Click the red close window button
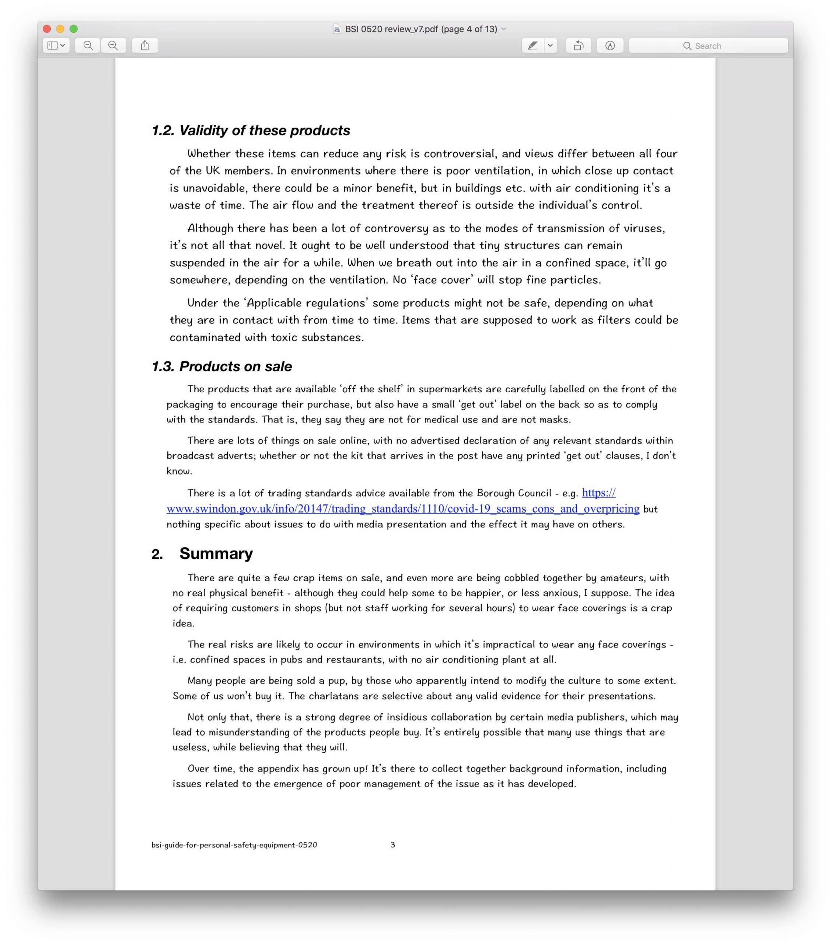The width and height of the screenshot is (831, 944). click(47, 29)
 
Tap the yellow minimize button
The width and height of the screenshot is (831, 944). click(60, 29)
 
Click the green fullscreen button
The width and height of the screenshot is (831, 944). click(73, 29)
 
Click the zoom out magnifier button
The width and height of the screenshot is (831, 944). click(88, 46)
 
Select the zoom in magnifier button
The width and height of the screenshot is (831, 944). click(113, 46)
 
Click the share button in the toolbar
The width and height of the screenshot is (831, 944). click(145, 46)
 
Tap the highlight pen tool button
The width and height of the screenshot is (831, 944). click(533, 46)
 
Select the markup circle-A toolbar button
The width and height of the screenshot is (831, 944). click(610, 46)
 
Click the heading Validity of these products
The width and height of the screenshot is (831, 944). click(264, 131)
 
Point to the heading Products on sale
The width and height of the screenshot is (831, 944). click(235, 366)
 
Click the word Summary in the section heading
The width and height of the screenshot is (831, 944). click(216, 553)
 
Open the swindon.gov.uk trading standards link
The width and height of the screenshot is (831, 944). click(402, 509)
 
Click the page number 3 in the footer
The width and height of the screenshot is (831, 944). click(393, 845)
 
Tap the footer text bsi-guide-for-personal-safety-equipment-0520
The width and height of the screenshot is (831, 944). click(234, 845)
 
